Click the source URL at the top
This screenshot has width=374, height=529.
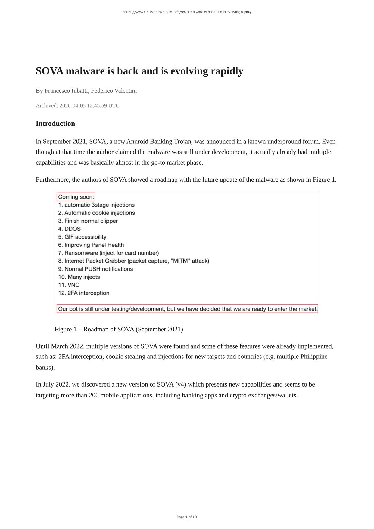tap(187, 12)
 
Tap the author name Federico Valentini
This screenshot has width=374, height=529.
tap(114, 91)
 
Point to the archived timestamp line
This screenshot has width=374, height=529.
tap(78, 105)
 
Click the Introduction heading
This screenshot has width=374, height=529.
tap(55, 124)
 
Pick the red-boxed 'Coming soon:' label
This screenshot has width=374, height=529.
tap(76, 197)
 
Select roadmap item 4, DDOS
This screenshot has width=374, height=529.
tap(72, 229)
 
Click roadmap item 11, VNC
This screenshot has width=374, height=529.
tap(73, 285)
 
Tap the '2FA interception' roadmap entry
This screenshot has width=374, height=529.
tap(88, 293)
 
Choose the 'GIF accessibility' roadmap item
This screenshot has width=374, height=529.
tap(85, 237)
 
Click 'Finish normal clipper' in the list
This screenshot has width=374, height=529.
tap(91, 221)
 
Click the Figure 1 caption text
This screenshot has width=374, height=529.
tap(119, 329)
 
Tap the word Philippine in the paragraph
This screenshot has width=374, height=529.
tap(314, 357)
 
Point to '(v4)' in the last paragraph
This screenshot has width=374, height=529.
tap(180, 384)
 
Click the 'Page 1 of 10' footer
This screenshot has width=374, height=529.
tap(187, 517)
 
